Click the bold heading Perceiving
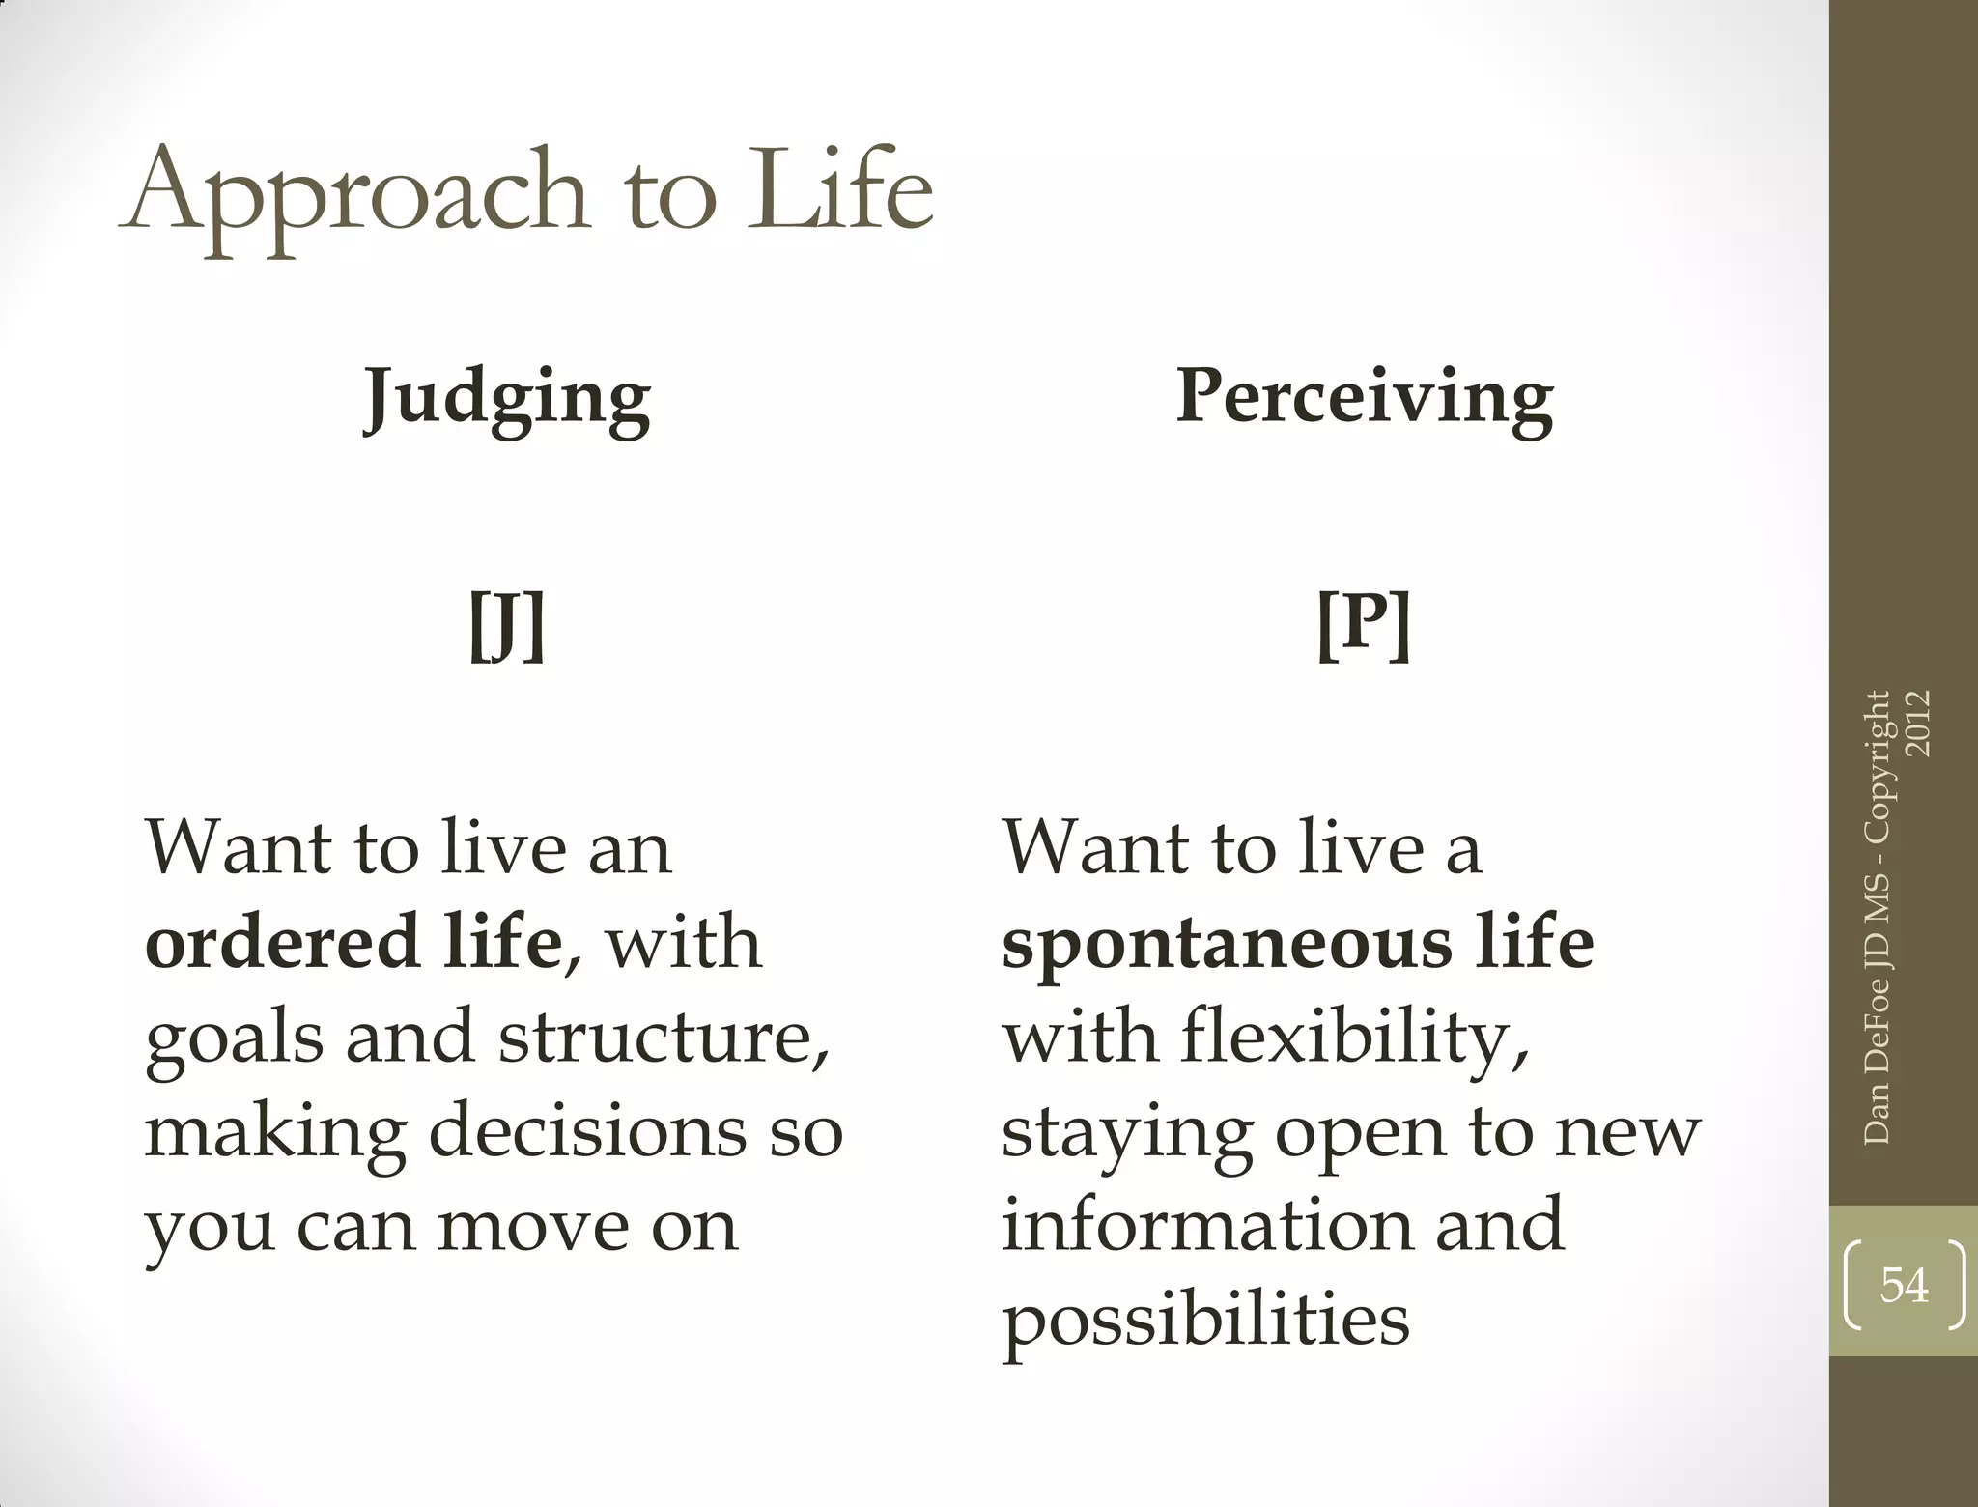pyautogui.click(x=1365, y=398)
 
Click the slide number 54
pyautogui.click(x=1904, y=1286)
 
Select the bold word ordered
pyautogui.click(x=282, y=942)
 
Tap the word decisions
pyautogui.click(x=587, y=1130)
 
